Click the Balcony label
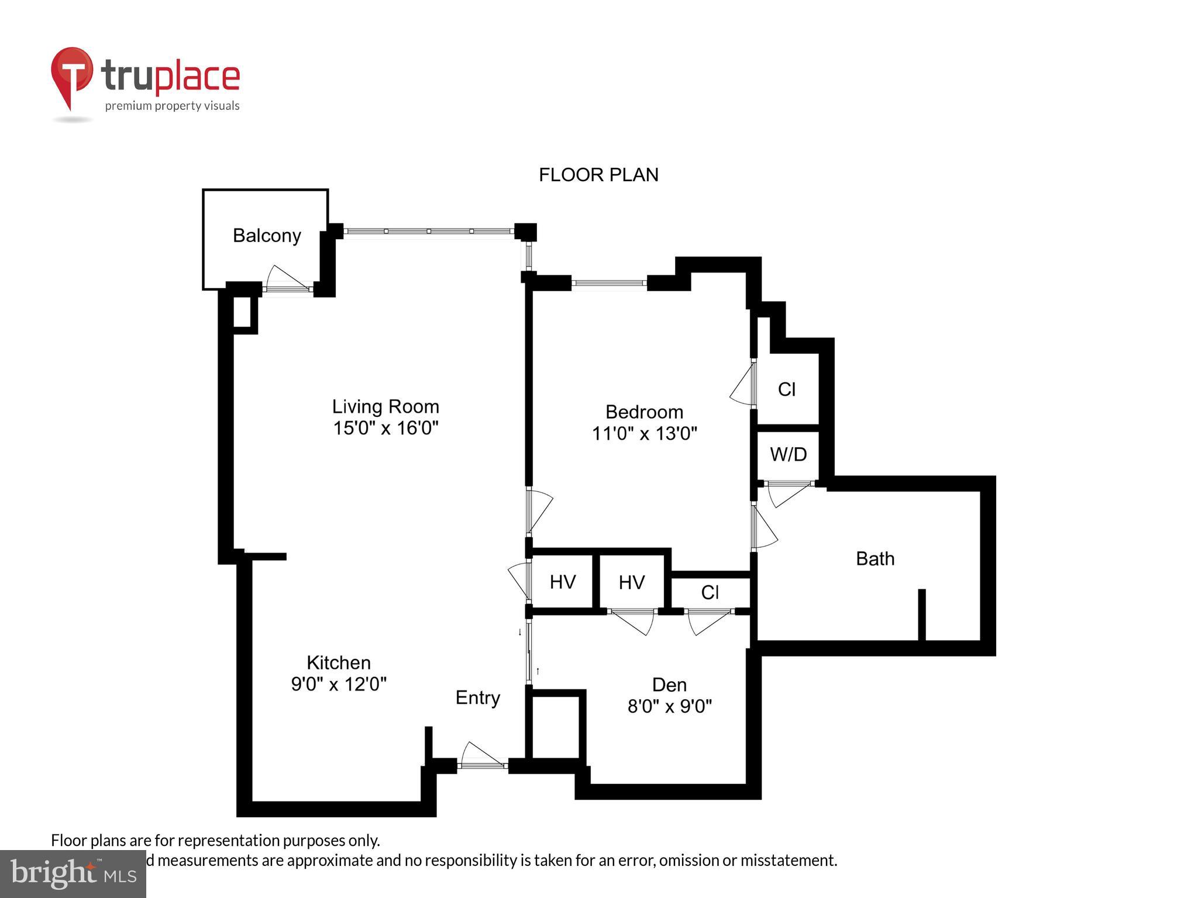267,236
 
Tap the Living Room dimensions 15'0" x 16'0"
385,428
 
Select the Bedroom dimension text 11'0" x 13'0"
644,434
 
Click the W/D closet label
788,454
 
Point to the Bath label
875,559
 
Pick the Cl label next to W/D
787,389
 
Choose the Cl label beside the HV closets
710,593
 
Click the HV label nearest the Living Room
563,582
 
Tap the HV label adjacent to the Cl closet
632,582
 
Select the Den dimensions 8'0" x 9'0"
669,707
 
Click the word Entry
478,698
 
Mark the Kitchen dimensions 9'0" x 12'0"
339,684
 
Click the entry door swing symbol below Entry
481,755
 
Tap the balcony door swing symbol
286,278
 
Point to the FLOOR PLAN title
598,175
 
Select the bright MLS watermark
73,873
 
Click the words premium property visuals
172,106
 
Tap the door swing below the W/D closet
787,495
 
